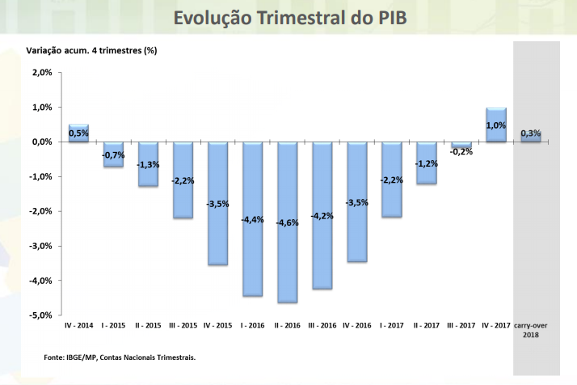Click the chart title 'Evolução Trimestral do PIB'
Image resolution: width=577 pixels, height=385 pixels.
(x=288, y=19)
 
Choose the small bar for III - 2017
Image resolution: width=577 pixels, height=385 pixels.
(x=461, y=145)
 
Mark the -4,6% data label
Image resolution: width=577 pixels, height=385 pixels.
(x=288, y=222)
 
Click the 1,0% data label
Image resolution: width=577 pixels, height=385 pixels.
(x=496, y=125)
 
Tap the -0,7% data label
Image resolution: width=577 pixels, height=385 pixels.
(x=113, y=154)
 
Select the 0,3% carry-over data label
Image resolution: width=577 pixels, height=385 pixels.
(x=531, y=133)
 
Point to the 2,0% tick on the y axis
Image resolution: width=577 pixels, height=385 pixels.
(x=41, y=72)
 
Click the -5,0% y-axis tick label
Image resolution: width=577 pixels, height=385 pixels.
(x=40, y=315)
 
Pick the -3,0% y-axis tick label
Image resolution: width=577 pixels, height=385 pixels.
(x=40, y=246)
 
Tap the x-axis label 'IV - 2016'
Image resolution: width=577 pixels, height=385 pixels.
(x=357, y=325)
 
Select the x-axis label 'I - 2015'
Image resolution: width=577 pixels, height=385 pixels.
(x=113, y=325)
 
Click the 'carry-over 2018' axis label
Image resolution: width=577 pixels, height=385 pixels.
(x=531, y=329)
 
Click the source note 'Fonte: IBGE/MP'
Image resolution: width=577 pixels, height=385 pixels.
(x=120, y=357)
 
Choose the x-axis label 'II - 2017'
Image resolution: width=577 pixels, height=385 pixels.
(x=427, y=325)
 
